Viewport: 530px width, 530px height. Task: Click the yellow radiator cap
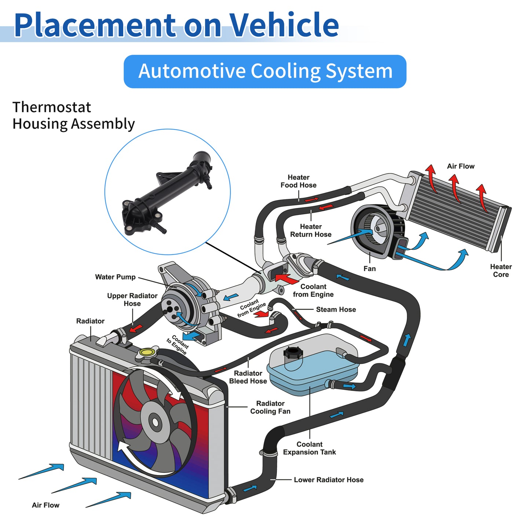[147, 352]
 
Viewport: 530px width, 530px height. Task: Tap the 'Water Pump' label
[115, 277]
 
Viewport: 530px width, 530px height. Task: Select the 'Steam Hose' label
[336, 310]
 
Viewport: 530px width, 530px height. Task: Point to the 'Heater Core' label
[501, 271]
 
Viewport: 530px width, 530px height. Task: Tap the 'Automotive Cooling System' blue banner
[265, 72]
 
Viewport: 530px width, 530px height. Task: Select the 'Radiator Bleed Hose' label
[248, 377]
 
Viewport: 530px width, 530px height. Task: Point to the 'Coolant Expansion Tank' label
[310, 448]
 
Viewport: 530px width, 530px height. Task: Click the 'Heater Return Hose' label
[311, 230]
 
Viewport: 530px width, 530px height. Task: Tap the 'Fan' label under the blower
[369, 269]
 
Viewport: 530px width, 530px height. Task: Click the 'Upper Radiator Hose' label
[132, 300]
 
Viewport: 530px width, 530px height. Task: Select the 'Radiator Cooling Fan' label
[270, 407]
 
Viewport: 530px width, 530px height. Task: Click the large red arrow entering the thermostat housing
[286, 278]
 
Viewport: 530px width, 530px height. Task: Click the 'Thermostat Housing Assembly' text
[73, 116]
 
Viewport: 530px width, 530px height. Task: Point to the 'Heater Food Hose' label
[299, 181]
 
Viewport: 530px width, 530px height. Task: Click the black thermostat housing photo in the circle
[167, 194]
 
